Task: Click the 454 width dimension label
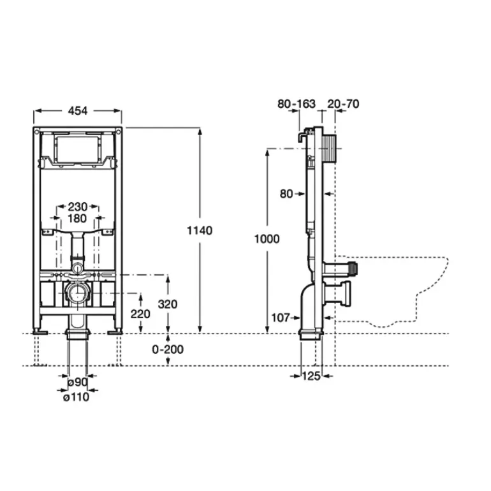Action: (78, 110)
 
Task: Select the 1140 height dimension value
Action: (200, 230)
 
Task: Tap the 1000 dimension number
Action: (267, 239)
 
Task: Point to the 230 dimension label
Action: (78, 207)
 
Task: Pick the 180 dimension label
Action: (77, 218)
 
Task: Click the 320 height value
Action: (168, 304)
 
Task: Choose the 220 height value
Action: (140, 314)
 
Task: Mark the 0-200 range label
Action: (168, 349)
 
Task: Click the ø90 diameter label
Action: (78, 383)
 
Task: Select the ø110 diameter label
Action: (77, 397)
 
